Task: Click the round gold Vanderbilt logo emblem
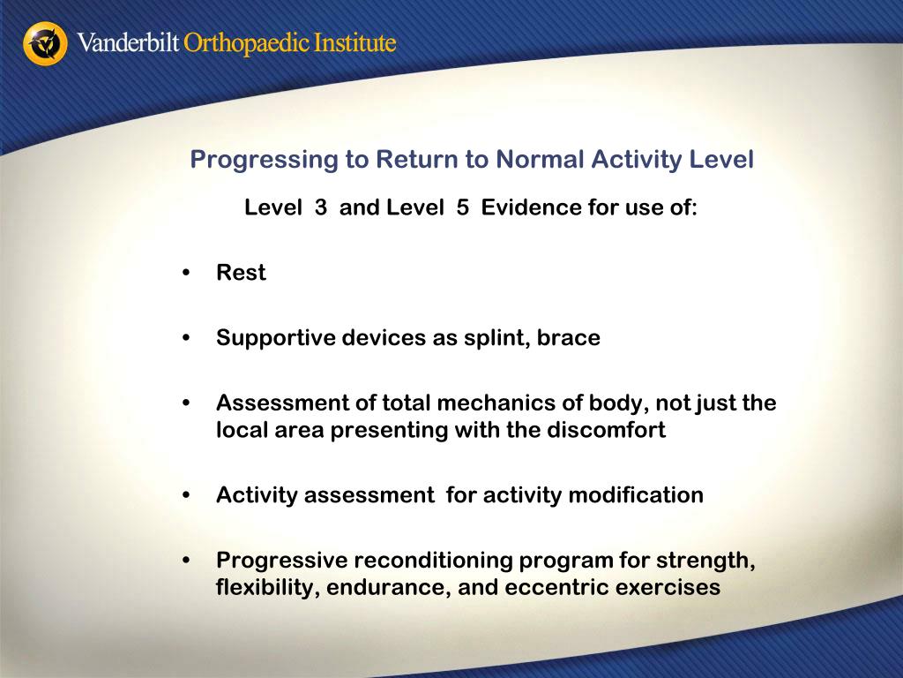coord(45,44)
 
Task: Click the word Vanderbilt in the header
coord(128,42)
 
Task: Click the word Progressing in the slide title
coord(265,160)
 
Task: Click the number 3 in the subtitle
coord(321,207)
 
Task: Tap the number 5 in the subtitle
coord(462,207)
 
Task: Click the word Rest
coord(241,273)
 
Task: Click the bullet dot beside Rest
coord(185,273)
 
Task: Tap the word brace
coord(569,338)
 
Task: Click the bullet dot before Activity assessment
coord(185,495)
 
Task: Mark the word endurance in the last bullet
coord(389,587)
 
